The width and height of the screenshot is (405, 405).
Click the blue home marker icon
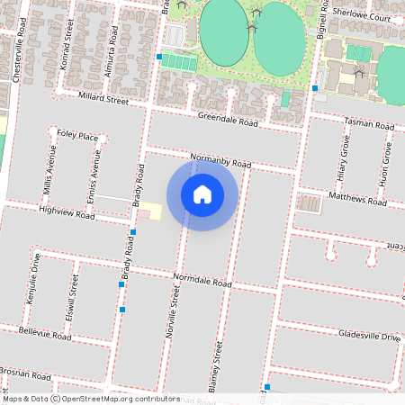click(x=202, y=194)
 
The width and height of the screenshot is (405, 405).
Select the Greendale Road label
click(x=229, y=121)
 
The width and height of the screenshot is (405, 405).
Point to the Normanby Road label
click(x=220, y=161)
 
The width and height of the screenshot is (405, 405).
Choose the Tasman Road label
click(x=368, y=125)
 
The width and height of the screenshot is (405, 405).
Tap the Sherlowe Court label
click(x=361, y=17)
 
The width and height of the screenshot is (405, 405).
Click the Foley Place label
click(x=76, y=136)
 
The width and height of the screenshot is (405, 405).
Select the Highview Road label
click(x=67, y=213)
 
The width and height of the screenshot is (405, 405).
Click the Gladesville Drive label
click(x=369, y=336)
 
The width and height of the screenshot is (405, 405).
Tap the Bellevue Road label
click(x=44, y=333)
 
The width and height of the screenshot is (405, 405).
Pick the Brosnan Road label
click(x=24, y=371)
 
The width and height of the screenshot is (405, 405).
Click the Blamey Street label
click(x=217, y=364)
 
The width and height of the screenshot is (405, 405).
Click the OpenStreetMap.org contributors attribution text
click(x=121, y=399)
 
